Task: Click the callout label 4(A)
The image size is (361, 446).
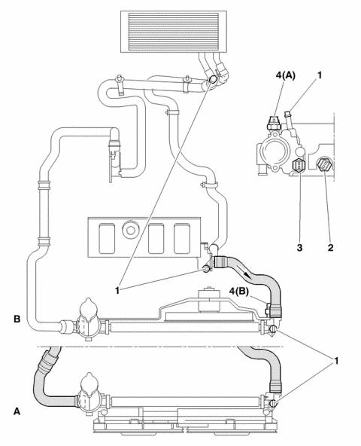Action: (286, 75)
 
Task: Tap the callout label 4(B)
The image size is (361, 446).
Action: (239, 291)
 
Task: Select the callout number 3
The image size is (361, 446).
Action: (299, 247)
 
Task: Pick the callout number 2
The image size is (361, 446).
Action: (330, 247)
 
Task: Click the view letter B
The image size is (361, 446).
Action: (17, 319)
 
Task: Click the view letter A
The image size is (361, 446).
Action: (17, 411)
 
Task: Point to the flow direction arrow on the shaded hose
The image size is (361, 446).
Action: (244, 273)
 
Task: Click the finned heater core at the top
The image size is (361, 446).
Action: (174, 32)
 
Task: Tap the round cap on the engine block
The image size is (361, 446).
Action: (130, 230)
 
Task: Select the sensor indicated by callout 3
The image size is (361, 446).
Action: (299, 166)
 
